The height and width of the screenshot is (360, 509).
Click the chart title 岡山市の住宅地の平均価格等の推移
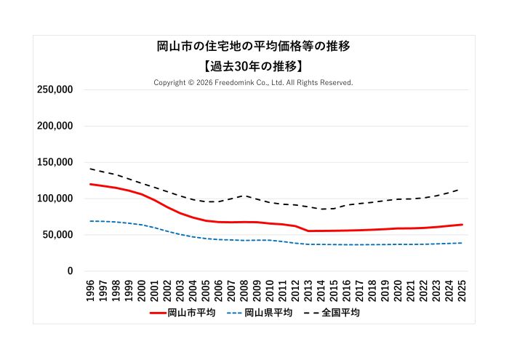coord(254,47)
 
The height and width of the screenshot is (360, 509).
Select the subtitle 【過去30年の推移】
coord(254,65)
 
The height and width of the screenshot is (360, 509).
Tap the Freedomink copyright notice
coord(254,83)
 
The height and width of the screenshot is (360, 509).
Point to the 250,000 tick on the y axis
coord(55,89)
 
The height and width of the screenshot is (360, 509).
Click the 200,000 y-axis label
coord(55,126)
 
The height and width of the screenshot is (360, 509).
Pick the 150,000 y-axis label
coord(55,162)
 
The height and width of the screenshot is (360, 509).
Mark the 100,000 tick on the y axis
coord(55,199)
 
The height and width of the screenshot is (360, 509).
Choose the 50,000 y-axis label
coord(57,235)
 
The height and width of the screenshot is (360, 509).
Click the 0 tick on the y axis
coord(70,271)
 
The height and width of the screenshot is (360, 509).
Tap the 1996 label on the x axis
coord(91,289)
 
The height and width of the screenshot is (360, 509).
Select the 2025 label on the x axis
coord(462,289)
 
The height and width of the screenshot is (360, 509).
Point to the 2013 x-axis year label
coord(308,289)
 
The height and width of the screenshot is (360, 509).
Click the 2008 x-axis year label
coord(244,289)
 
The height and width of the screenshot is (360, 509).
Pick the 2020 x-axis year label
coord(398,289)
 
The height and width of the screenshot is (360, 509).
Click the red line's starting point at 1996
coord(91,184)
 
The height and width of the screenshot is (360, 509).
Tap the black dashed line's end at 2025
coord(462,188)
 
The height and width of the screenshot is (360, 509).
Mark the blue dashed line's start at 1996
coord(91,221)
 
